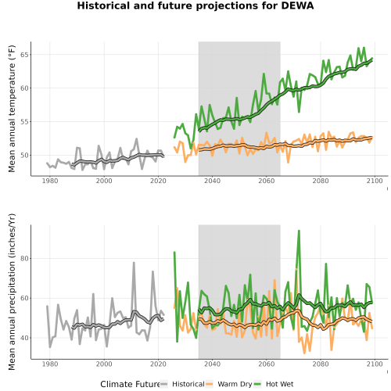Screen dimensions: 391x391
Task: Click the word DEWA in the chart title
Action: (x=297, y=5)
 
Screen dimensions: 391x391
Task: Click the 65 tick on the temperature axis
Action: (x=24, y=55)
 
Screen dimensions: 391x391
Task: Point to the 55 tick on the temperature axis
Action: (x=24, y=122)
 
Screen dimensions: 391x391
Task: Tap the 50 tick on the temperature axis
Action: (x=24, y=156)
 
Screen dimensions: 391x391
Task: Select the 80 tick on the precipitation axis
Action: (x=24, y=259)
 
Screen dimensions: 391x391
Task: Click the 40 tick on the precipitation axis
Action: (x=24, y=338)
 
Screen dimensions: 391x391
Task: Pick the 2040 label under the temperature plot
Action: (x=212, y=181)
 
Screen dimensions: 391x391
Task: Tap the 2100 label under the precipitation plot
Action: (x=375, y=364)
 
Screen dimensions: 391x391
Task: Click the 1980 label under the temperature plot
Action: (x=50, y=181)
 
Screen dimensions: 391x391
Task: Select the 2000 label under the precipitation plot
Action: (x=104, y=364)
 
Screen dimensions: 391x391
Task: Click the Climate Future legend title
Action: (x=130, y=384)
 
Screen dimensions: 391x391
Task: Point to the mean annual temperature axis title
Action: (x=12, y=109)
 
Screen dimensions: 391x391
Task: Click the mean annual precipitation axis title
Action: (x=12, y=292)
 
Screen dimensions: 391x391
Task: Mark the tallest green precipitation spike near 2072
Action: (x=299, y=231)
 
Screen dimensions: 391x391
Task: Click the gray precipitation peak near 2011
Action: (x=134, y=263)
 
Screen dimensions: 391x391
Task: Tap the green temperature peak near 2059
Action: (x=264, y=74)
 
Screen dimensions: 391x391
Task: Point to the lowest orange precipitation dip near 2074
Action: (x=304, y=353)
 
